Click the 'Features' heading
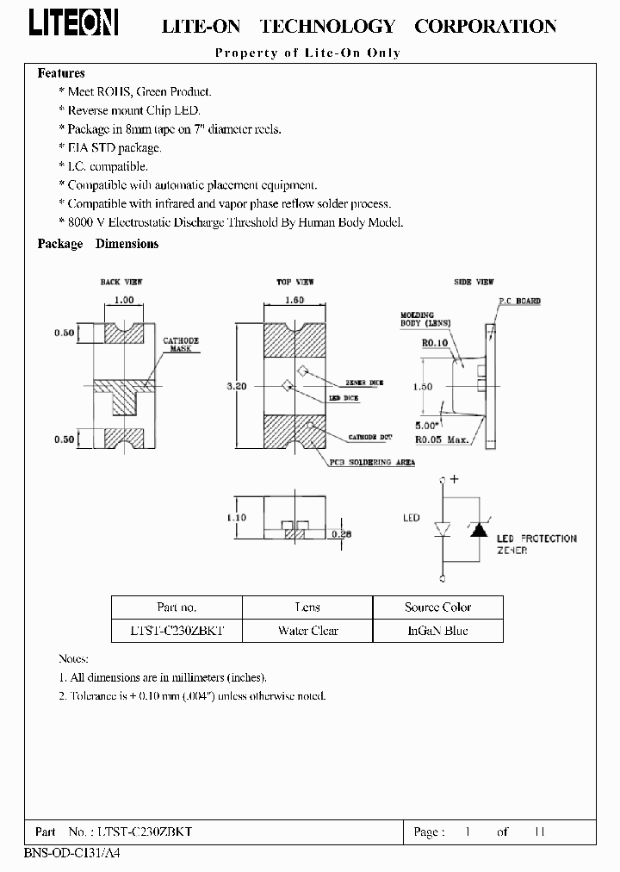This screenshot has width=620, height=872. (61, 73)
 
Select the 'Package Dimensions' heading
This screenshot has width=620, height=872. (98, 244)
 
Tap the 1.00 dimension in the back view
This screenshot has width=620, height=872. (124, 300)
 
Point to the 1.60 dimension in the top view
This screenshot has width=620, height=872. (294, 300)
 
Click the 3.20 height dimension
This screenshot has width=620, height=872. (237, 387)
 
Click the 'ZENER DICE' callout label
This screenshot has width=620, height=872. (364, 381)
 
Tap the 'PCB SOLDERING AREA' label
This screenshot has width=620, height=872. (371, 462)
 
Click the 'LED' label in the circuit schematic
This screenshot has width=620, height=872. (412, 518)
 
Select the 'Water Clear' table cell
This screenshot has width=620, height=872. (307, 631)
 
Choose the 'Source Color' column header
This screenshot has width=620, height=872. (437, 607)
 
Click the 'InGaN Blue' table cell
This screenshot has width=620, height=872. (437, 631)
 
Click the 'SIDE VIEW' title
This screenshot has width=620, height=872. (474, 282)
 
